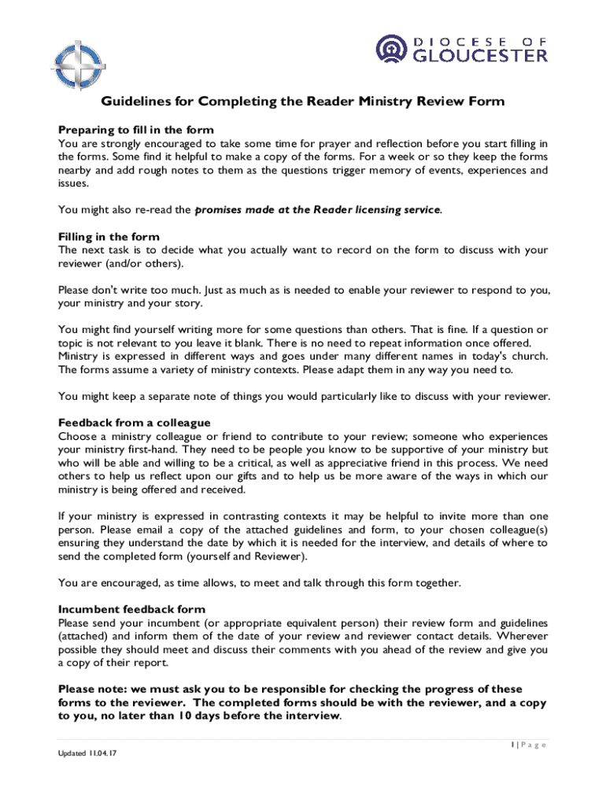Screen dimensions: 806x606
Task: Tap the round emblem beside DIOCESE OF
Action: (390, 49)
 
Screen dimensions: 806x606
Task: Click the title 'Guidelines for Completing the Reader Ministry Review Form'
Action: (303, 102)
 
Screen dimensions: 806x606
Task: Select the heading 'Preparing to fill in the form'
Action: (136, 130)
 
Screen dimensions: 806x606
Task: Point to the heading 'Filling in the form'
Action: (109, 237)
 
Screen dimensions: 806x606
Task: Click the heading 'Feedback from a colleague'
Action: (135, 423)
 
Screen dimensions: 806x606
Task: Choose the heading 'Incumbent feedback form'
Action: (131, 609)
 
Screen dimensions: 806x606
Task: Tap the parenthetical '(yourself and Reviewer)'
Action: (246, 556)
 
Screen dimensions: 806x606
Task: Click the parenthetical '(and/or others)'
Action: (146, 263)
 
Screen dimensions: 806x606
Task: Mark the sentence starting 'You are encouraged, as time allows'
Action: (259, 583)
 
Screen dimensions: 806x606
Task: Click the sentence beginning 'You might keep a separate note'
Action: (304, 396)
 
